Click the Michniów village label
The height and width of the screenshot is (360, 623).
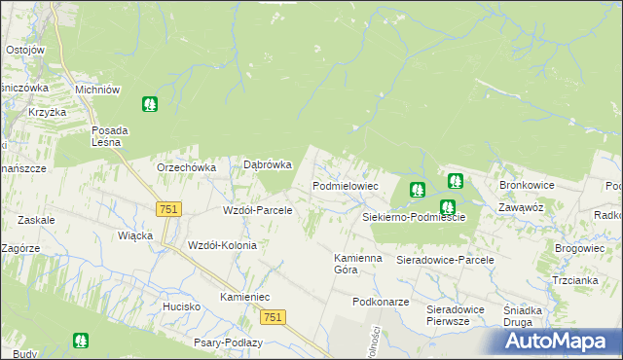point(97,89)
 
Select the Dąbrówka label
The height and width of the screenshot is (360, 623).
point(267,165)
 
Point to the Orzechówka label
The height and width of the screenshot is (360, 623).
point(186,166)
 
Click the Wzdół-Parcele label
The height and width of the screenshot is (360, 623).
point(258,210)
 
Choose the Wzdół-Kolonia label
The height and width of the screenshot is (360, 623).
point(222,245)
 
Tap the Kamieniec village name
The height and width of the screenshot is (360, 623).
point(244,296)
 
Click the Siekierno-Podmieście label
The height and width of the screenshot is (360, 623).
point(414,217)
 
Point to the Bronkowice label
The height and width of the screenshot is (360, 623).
point(527,184)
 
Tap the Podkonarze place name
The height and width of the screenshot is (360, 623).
point(382,302)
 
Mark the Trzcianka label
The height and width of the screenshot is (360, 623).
point(574,280)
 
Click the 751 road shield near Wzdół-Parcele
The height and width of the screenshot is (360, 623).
point(168,209)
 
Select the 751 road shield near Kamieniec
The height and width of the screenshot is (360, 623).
point(275,316)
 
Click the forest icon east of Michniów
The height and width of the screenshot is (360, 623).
point(150,103)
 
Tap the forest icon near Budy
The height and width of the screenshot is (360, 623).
point(80,342)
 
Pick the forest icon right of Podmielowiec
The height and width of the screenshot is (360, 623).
point(418,190)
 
